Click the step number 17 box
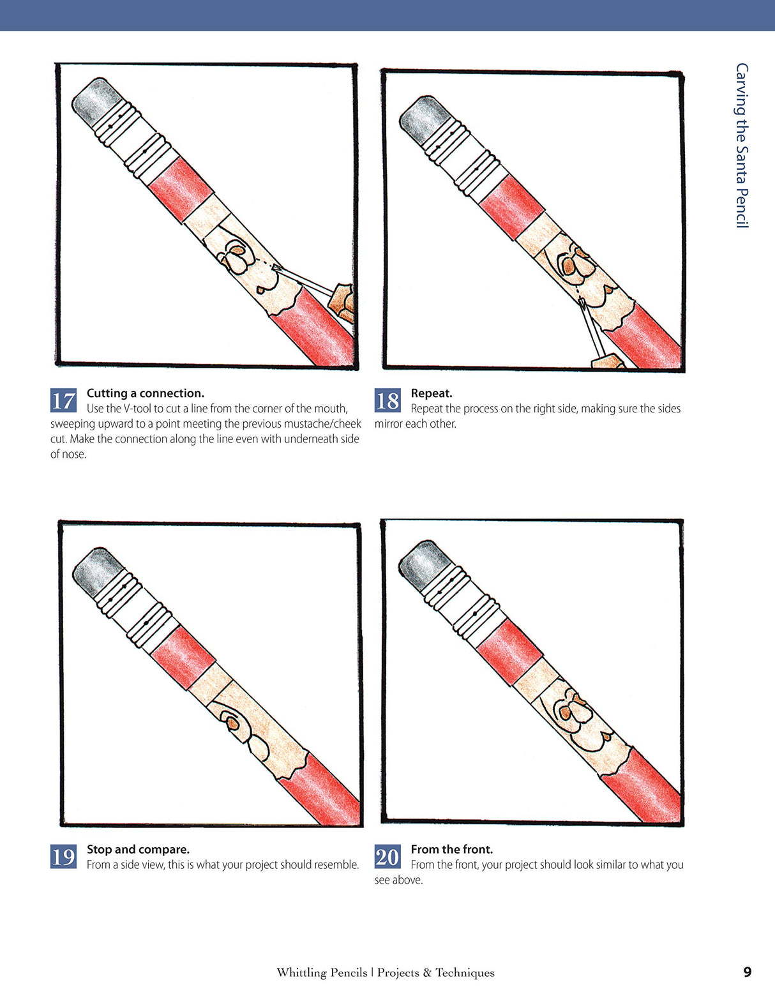63,400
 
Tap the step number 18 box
387,400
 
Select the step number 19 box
63,856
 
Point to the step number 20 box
387,856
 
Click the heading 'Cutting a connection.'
146,393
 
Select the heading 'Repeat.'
432,393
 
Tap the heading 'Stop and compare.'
138,849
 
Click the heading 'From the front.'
452,849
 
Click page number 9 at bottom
748,972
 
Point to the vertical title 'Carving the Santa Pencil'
741,146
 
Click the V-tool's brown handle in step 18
608,362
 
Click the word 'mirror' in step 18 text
388,424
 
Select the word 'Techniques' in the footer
465,972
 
